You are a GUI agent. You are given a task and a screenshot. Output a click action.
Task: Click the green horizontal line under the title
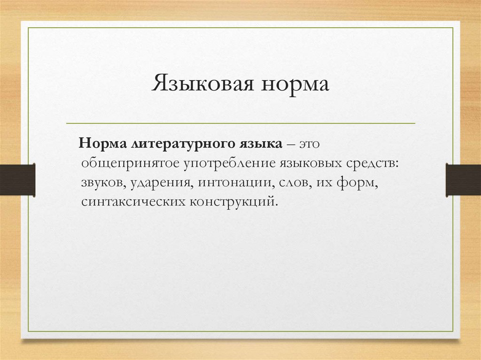tap(240, 123)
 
